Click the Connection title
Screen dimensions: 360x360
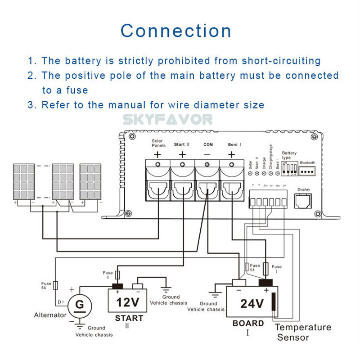(176, 31)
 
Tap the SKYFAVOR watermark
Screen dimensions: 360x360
(168, 119)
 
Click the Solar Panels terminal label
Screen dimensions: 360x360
(157, 143)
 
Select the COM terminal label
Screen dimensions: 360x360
(207, 144)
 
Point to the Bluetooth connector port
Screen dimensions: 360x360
(307, 171)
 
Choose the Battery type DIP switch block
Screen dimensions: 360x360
(289, 168)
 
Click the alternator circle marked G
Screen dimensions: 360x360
(79, 305)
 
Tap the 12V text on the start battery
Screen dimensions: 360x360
(127, 301)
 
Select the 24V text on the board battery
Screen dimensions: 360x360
(251, 304)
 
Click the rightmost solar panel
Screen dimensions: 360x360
(90, 182)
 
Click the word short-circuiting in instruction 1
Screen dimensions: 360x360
(281, 61)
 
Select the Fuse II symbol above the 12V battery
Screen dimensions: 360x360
(119, 275)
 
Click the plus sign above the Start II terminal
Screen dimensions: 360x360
(182, 154)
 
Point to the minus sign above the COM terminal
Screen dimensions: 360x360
(207, 154)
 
